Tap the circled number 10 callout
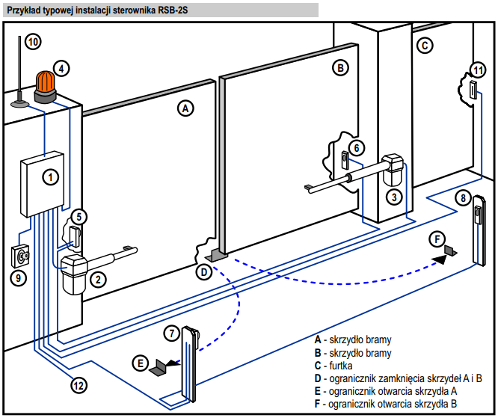point(33,42)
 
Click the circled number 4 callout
point(63,67)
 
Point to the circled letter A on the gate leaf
point(185,108)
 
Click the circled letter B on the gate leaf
point(340,68)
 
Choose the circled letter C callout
point(424,46)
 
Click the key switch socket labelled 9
point(20,256)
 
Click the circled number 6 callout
point(357,148)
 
